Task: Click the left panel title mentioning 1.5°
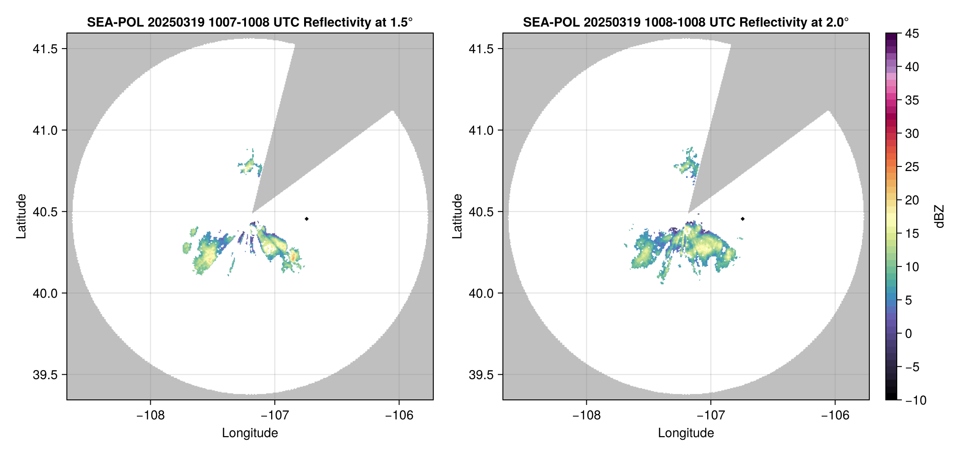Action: pos(250,22)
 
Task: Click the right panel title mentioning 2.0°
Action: pos(686,22)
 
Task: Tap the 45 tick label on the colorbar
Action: pos(912,33)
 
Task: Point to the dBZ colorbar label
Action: pos(940,216)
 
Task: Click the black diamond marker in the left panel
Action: pos(306,219)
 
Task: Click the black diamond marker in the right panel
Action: pos(742,219)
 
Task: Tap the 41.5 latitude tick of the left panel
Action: pos(45,49)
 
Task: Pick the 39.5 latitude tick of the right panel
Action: pos(481,375)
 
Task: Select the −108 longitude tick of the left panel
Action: pos(150,415)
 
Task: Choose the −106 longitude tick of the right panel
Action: pos(835,415)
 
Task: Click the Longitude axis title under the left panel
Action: pos(250,433)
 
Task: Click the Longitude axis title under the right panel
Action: pos(686,433)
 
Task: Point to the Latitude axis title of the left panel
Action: pos(21,216)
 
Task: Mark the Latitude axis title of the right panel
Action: pos(457,216)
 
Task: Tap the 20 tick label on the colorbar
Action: pos(912,200)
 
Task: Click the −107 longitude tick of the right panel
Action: pos(710,415)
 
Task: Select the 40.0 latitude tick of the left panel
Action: pos(45,293)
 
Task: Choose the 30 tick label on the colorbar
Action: pos(912,134)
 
